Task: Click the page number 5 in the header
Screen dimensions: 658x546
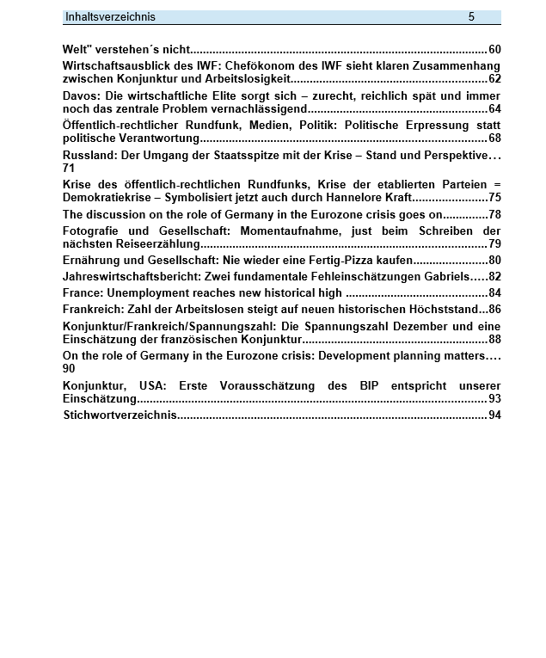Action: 471,17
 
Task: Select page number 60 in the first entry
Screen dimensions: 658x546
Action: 494,50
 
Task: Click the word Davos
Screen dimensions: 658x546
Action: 79,96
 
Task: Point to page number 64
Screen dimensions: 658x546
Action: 494,109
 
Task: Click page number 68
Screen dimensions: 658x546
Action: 494,138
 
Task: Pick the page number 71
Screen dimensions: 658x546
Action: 69,169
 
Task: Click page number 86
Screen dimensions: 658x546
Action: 494,310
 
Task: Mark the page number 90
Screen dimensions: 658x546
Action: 69,369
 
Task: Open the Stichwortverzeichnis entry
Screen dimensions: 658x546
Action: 120,415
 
